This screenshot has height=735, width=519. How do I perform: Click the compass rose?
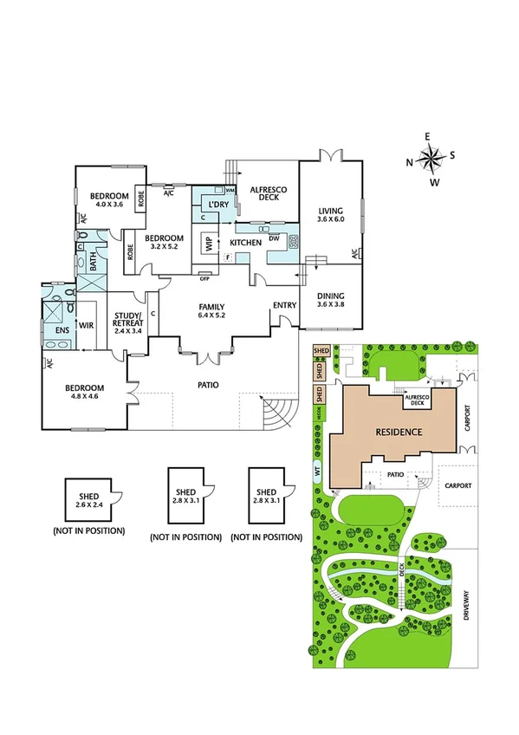[x=431, y=159]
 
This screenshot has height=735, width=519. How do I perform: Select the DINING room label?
[x=330, y=299]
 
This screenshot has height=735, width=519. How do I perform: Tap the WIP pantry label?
[x=209, y=244]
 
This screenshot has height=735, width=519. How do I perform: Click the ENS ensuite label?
[x=62, y=330]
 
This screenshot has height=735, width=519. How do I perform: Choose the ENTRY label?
[x=283, y=305]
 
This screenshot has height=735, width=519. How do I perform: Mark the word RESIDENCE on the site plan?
[x=399, y=432]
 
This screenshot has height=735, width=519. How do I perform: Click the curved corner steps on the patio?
[x=278, y=413]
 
